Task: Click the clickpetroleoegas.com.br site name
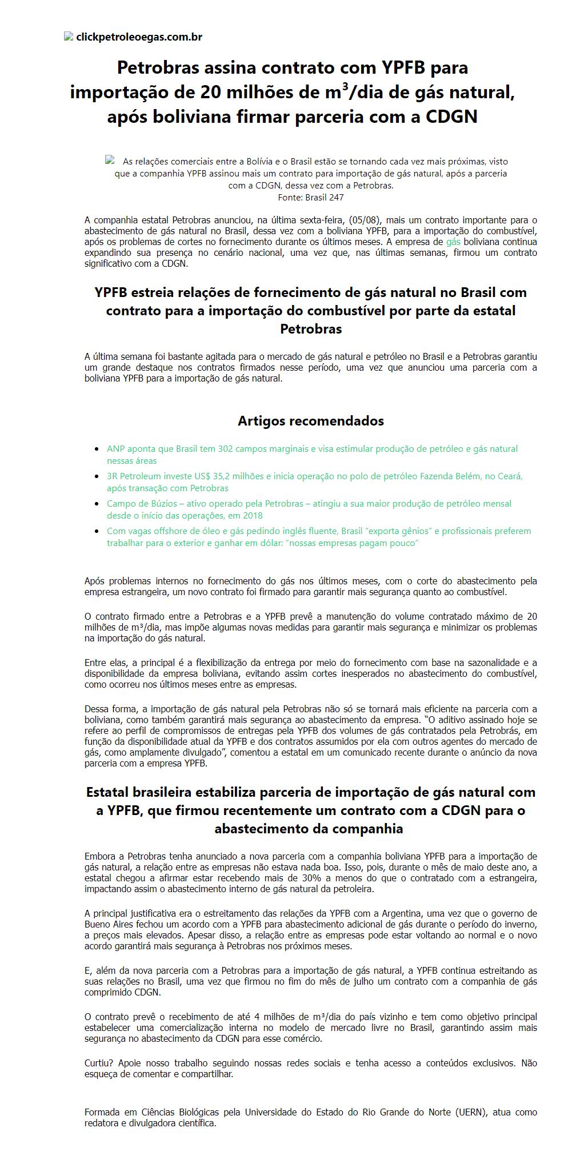[x=139, y=37]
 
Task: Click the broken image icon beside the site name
[x=69, y=37]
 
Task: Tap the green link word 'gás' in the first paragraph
[x=453, y=242]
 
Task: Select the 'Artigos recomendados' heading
[x=310, y=421]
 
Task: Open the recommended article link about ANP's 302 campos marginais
[x=312, y=449]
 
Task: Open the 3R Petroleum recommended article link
[x=314, y=476]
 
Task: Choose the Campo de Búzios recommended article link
[x=309, y=504]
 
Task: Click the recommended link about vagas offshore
[x=318, y=531]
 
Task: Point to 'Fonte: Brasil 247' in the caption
[x=310, y=198]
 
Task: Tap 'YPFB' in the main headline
[x=403, y=68]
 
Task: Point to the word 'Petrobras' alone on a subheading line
[x=310, y=329]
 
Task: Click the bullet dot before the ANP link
[x=97, y=449]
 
